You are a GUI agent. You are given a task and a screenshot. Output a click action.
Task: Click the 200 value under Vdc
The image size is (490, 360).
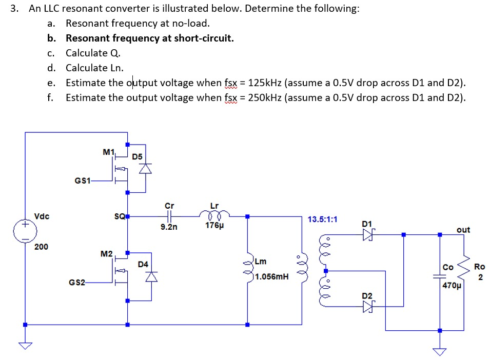coord(41,247)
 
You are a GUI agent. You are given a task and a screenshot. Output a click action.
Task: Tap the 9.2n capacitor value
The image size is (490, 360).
coord(169,226)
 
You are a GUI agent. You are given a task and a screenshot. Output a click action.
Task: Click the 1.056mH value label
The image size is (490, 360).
coord(272,276)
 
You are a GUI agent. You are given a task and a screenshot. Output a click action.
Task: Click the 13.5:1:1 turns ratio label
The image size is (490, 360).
coord(323,219)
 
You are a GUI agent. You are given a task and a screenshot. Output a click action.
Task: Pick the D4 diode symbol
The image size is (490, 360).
coord(150,277)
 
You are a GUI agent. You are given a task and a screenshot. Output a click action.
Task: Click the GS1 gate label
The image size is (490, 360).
coord(83,181)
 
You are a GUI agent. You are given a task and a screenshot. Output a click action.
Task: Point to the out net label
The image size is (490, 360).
coord(463,230)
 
